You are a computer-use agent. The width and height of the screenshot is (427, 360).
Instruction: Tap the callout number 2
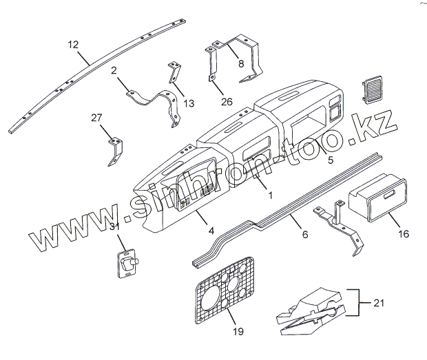pyautogui.click(x=114, y=70)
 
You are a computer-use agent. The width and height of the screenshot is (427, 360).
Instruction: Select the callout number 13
pyautogui.click(x=189, y=103)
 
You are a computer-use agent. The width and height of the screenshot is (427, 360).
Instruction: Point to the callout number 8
pyautogui.click(x=240, y=63)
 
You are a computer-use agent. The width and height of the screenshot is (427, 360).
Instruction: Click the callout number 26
pyautogui.click(x=227, y=101)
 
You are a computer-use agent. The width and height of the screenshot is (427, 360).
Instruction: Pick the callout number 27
pyautogui.click(x=96, y=118)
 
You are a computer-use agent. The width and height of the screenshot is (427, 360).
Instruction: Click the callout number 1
pyautogui.click(x=270, y=195)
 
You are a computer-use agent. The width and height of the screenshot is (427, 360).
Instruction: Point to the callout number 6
pyautogui.click(x=305, y=234)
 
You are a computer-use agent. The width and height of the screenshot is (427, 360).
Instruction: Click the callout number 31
pyautogui.click(x=114, y=227)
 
